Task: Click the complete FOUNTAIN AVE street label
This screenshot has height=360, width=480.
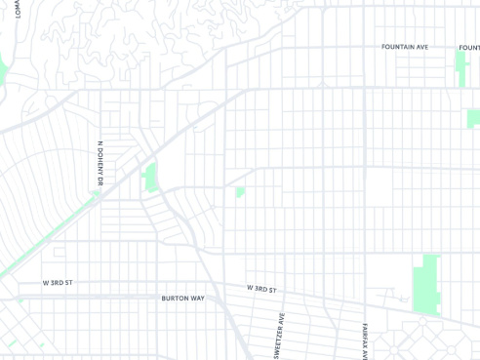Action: pos(405,47)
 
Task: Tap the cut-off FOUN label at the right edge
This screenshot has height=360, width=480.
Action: pos(469,47)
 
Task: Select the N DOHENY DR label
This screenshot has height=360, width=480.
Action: pos(100,164)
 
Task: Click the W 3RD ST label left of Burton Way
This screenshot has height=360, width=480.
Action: pos(58,283)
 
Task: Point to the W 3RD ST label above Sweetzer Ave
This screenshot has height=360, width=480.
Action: pos(261,289)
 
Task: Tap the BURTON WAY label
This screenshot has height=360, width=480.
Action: pos(182,298)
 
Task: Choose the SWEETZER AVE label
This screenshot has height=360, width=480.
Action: pos(279,335)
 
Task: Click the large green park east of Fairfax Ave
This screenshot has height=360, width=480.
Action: pos(426,284)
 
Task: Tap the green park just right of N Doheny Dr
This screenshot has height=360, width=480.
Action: pos(150,178)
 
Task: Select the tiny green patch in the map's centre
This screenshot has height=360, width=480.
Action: pos(240,191)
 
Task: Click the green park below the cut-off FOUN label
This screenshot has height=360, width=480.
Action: pos(460,68)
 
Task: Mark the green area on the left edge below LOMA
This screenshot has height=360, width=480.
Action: pos(3,70)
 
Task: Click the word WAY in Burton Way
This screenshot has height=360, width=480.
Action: pos(196,298)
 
